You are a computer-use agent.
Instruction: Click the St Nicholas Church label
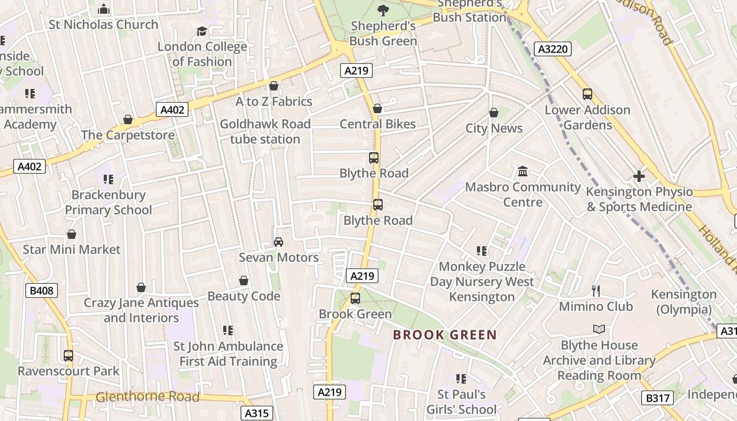click(x=103, y=24)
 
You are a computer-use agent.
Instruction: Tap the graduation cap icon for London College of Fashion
click(x=202, y=32)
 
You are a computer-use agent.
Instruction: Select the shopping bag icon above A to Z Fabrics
click(x=273, y=86)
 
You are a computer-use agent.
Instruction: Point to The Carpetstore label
click(x=128, y=135)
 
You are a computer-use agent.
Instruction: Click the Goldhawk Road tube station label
click(x=265, y=132)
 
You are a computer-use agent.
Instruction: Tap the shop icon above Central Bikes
click(x=377, y=108)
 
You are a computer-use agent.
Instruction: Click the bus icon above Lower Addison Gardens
click(x=587, y=94)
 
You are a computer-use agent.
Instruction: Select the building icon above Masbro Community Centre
click(x=523, y=171)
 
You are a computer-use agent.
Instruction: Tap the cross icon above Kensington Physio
click(x=639, y=176)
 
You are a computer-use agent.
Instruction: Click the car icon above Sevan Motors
click(x=278, y=242)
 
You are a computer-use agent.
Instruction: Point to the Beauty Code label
click(x=244, y=296)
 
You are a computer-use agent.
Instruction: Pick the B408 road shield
click(x=42, y=290)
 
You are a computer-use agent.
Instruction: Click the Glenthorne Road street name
click(x=147, y=397)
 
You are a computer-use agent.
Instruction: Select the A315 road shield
click(x=257, y=413)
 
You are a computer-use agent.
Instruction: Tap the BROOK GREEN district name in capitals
click(x=445, y=335)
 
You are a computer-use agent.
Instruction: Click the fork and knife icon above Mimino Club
click(x=596, y=290)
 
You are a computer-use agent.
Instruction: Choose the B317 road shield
click(x=658, y=398)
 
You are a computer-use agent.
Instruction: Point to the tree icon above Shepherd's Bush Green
click(x=383, y=9)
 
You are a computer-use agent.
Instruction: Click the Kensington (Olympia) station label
click(x=684, y=302)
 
